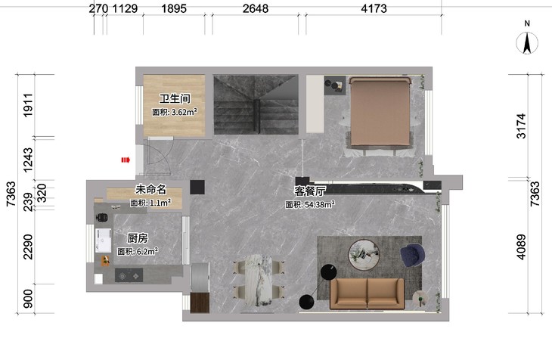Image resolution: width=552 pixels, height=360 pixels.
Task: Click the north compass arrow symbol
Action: tap(527, 43)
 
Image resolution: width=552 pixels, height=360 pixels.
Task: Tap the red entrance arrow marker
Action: tap(126, 160)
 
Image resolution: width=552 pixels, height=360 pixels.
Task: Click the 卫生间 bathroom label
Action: tap(175, 98)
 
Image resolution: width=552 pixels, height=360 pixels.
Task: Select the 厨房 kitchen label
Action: tap(138, 238)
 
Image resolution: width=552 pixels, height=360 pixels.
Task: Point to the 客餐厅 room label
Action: tap(310, 191)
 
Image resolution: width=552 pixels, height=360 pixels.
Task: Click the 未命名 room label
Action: tap(150, 190)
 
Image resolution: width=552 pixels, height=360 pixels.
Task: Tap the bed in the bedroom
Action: tap(380, 114)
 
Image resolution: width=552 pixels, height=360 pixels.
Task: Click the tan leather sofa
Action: tap(367, 293)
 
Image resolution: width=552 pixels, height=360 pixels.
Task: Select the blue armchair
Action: tap(412, 255)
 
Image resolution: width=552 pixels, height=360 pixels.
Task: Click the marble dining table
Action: tap(259, 280)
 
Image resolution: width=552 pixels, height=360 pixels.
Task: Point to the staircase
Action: tap(256, 104)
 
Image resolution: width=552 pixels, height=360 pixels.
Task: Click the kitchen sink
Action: tap(103, 241)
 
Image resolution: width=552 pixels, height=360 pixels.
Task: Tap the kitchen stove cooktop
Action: tap(129, 275)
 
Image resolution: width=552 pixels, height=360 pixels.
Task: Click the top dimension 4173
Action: tap(374, 8)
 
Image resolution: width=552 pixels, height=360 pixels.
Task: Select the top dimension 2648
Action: tap(256, 8)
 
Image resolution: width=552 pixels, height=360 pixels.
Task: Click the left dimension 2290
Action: tap(28, 247)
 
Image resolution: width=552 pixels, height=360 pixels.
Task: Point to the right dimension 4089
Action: tap(521, 247)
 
